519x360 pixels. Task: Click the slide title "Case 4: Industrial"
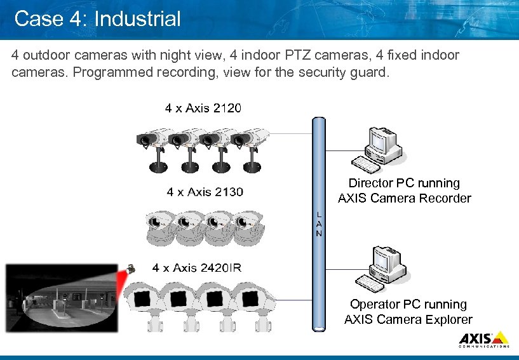pyautogui.click(x=97, y=18)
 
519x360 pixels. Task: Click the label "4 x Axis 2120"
pyautogui.click(x=203, y=108)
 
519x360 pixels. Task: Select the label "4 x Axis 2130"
pyautogui.click(x=205, y=191)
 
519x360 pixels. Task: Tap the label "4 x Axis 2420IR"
pyautogui.click(x=197, y=268)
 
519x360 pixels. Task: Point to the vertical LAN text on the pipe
pyautogui.click(x=319, y=224)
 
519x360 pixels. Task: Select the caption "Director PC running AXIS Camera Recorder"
pyautogui.click(x=404, y=190)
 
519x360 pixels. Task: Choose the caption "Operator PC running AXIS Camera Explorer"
pyautogui.click(x=408, y=312)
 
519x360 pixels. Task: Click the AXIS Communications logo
pyautogui.click(x=483, y=339)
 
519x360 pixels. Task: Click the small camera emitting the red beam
pyautogui.click(x=131, y=269)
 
